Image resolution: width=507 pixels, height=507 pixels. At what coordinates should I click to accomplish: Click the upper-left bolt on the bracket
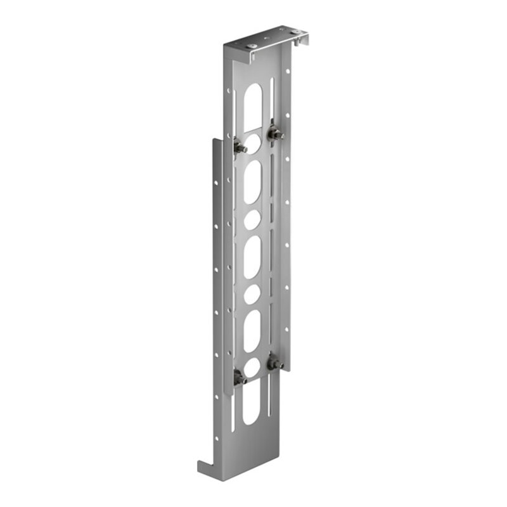click(x=240, y=146)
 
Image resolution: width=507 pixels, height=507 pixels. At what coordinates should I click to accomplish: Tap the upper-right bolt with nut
click(x=275, y=134)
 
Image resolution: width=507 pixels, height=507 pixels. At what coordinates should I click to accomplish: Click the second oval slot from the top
click(x=252, y=181)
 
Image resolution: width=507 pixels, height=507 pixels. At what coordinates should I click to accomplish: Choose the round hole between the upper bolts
click(x=252, y=141)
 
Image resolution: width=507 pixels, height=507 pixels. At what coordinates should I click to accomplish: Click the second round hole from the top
click(x=252, y=219)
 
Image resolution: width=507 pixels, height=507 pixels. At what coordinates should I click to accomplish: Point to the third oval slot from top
click(x=252, y=257)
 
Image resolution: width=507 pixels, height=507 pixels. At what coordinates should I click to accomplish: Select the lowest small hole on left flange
click(x=215, y=397)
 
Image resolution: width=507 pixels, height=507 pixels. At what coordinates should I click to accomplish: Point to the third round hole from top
click(x=252, y=293)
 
